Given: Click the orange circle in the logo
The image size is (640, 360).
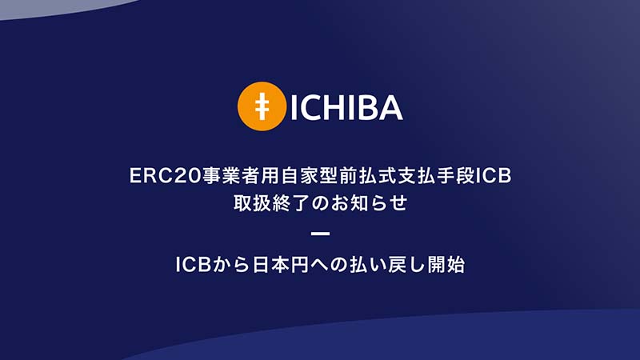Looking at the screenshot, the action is coord(262,106).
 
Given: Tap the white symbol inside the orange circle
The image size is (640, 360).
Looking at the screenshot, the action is coord(262,106).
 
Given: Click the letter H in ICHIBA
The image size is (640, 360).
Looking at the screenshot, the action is coord(334,108).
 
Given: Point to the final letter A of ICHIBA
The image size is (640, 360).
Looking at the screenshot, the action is coord(389,108).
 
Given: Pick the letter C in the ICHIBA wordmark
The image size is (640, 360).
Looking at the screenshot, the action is coord(310,108).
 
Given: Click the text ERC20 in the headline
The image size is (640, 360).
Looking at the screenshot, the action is coord(166,176).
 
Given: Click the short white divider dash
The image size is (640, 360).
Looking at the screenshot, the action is coord(321,234).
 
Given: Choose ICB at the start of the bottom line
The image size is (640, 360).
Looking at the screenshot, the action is coord(193,265).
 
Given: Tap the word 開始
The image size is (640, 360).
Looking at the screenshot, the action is coord(446,265).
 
